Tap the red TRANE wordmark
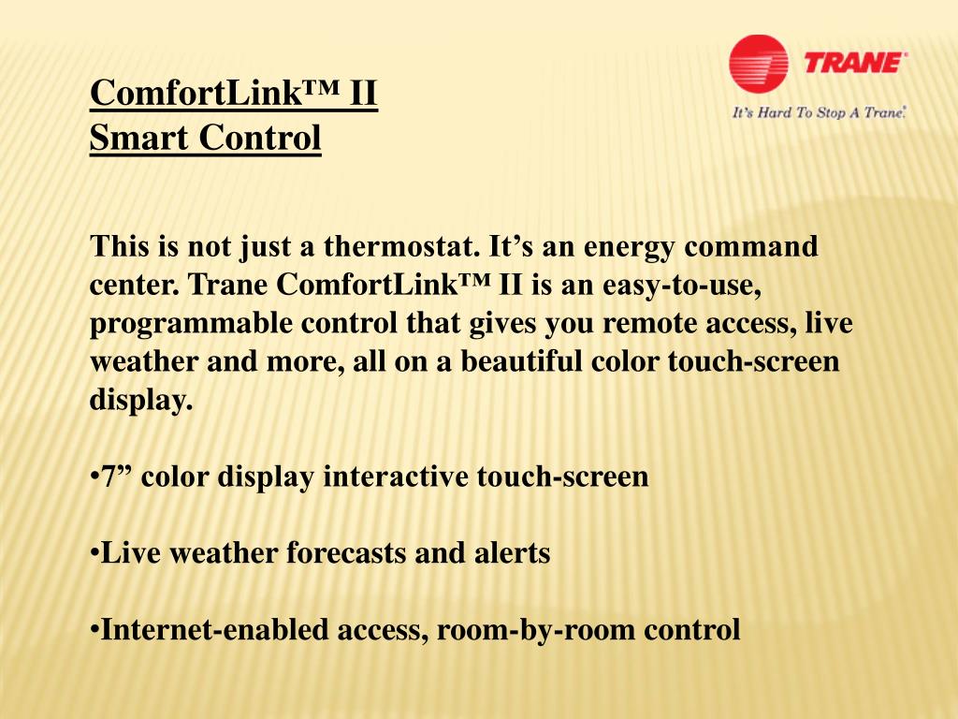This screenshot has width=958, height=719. coord(855,64)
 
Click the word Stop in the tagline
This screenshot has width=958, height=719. coord(831,113)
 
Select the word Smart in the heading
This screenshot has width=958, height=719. coord(127,139)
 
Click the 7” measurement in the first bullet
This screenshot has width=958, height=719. coord(117,477)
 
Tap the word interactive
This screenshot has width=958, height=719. coord(396,477)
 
